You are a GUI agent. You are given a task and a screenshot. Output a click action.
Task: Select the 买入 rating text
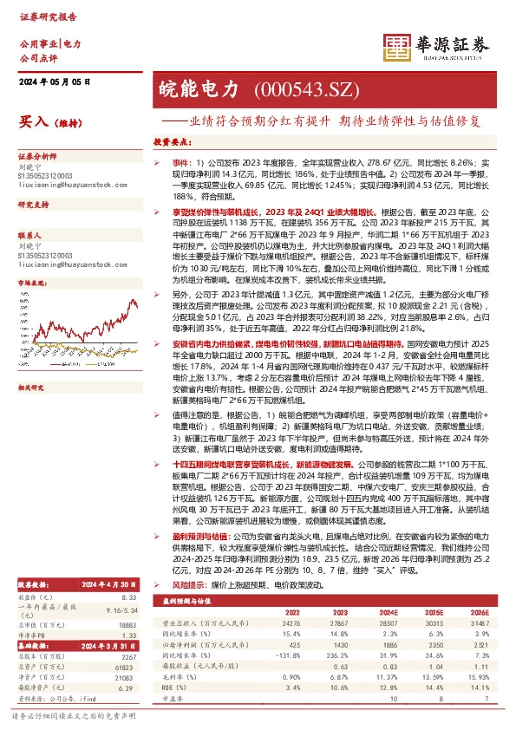32,123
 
